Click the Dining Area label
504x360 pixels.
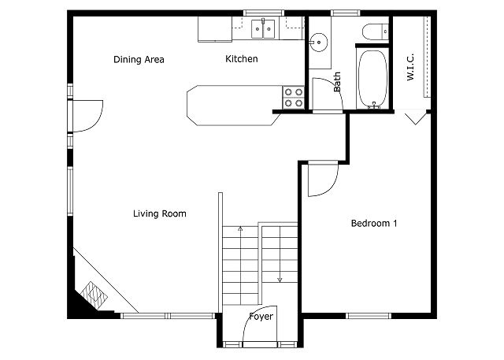[139, 59]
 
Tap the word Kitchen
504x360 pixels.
[242, 59]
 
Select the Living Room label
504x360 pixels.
[160, 213]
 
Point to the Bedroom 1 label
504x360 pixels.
[374, 224]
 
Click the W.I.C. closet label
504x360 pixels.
[410, 67]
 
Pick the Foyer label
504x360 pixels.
[261, 317]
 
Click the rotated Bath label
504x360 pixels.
[337, 82]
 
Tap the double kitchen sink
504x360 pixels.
[263, 29]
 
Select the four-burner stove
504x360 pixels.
[294, 98]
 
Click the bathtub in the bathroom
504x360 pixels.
[372, 79]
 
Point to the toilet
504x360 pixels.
[376, 32]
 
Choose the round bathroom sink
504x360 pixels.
[318, 42]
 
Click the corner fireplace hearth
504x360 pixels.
[94, 295]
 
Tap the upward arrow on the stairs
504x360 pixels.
[240, 229]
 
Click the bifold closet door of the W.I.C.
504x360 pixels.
[416, 118]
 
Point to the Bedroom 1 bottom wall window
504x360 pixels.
[369, 316]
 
